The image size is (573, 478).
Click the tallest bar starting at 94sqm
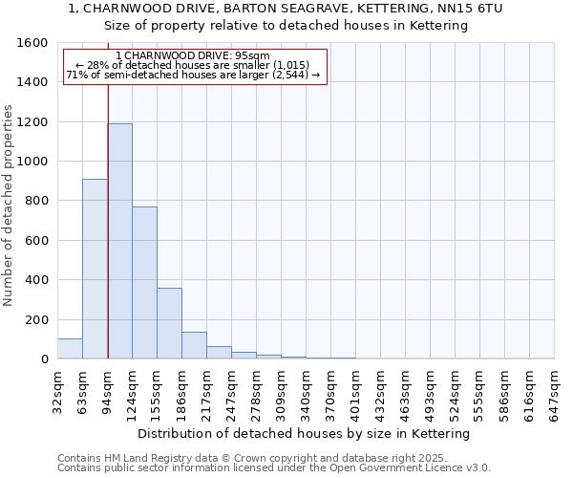pyautogui.click(x=119, y=241)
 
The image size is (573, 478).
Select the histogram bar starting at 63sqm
pyautogui.click(x=95, y=269)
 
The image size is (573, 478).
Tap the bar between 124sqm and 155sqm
pyautogui.click(x=144, y=283)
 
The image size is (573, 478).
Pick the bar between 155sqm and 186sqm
pyautogui.click(x=169, y=323)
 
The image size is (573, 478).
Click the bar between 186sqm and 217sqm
pyautogui.click(x=194, y=345)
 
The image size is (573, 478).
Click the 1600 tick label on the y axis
pyautogui.click(x=32, y=43)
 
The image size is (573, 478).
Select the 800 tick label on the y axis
pyautogui.click(x=36, y=201)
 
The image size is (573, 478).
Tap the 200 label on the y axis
pyautogui.click(x=36, y=319)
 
